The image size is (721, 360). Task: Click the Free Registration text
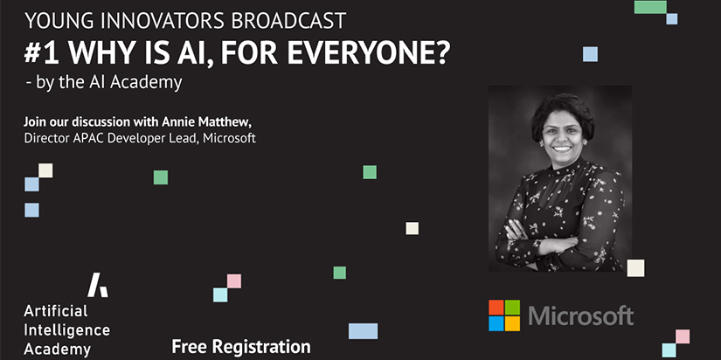[x=241, y=347]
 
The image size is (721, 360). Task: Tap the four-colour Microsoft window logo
[x=504, y=315]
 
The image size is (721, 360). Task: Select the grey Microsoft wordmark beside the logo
[x=581, y=315]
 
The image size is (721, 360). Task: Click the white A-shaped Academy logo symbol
[x=98, y=285]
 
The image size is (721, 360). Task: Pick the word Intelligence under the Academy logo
[x=66, y=329]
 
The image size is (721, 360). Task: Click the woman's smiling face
[x=561, y=135]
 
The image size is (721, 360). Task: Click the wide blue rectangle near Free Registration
[x=363, y=331]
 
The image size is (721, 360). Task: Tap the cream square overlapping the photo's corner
[x=635, y=268]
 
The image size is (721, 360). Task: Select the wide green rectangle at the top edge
[x=650, y=7]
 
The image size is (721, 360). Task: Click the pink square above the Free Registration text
[x=234, y=280]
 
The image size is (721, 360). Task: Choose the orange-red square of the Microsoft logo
[x=496, y=307]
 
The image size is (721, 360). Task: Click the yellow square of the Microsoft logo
[x=513, y=323]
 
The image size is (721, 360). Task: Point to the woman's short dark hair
[x=563, y=109]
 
